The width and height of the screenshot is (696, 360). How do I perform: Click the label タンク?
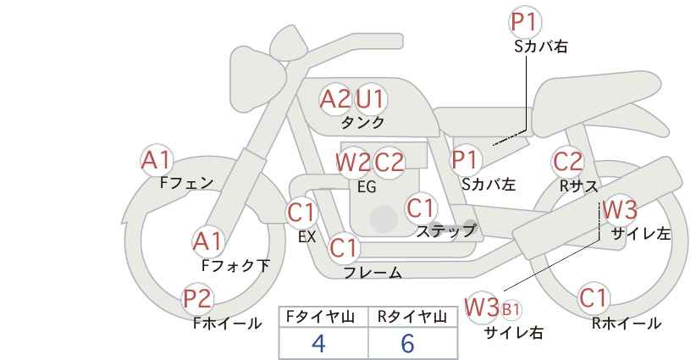(362, 122)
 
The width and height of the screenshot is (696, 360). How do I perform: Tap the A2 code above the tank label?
(335, 99)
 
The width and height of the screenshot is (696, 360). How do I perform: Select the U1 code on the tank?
(370, 99)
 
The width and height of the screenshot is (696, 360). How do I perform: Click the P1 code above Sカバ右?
(525, 22)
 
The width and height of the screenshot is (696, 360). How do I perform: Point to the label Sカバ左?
(489, 184)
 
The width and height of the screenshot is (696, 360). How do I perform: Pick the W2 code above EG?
(353, 162)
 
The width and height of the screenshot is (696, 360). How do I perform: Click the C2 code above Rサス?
(567, 162)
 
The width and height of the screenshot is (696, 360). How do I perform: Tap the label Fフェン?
(186, 183)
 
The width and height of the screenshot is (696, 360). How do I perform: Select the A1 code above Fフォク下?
(207, 242)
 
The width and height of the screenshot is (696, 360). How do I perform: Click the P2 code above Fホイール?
(198, 299)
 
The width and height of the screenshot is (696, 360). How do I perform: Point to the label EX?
(307, 236)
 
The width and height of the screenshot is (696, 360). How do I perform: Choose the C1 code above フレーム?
(344, 247)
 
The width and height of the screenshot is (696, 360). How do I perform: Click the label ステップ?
(445, 231)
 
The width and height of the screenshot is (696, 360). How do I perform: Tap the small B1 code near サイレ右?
(511, 309)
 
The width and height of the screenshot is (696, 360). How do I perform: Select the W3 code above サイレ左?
(620, 209)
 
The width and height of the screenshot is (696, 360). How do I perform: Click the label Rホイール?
(627, 324)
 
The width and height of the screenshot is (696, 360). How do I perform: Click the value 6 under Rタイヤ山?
(407, 343)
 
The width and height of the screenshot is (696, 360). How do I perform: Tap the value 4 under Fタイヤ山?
(318, 343)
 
